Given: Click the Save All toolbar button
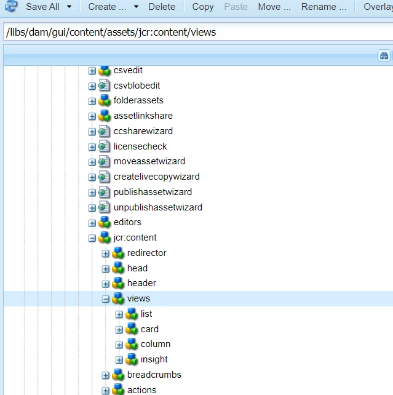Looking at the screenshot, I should pyautogui.click(x=42, y=7).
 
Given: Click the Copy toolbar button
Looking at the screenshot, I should pyautogui.click(x=202, y=7).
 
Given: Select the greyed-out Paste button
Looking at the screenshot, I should pyautogui.click(x=236, y=7).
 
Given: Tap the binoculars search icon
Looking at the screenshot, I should pyautogui.click(x=384, y=55).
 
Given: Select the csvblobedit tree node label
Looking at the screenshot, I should pyautogui.click(x=137, y=86).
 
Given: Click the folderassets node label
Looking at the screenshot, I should pyautogui.click(x=138, y=100).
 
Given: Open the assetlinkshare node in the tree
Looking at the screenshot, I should pyautogui.click(x=143, y=116).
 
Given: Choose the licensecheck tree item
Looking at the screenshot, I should pyautogui.click(x=140, y=146).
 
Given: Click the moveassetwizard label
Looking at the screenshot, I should pyautogui.click(x=149, y=161).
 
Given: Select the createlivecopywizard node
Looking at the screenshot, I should pyautogui.click(x=156, y=177).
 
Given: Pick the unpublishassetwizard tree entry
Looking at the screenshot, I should pyautogui.click(x=157, y=207).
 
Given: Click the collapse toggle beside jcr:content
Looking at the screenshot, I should pyautogui.click(x=92, y=238).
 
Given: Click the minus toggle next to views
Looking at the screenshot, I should pyautogui.click(x=106, y=299).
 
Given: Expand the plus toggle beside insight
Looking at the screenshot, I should pyautogui.click(x=119, y=360).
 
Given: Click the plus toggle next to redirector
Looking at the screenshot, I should pyautogui.click(x=106, y=253).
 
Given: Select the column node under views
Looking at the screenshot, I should pyautogui.click(x=155, y=344).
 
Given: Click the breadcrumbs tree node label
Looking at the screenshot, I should pyautogui.click(x=154, y=375).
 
